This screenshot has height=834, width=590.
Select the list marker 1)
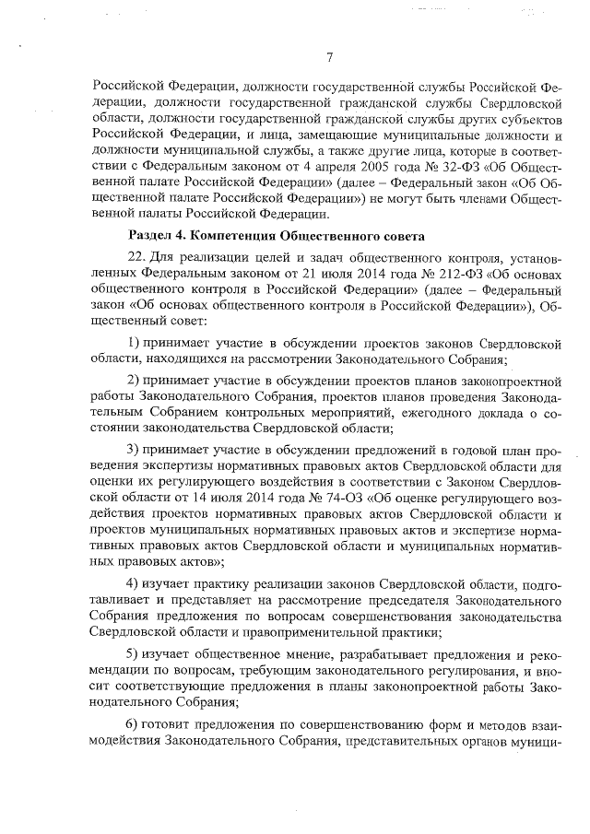tap(135, 343)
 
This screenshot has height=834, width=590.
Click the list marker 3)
tap(135, 449)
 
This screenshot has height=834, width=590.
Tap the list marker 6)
tap(135, 721)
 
